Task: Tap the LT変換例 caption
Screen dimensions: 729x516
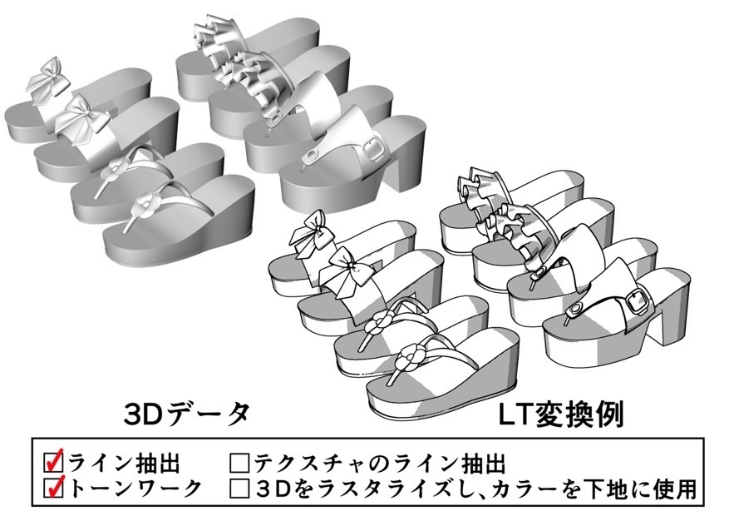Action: [x=562, y=414]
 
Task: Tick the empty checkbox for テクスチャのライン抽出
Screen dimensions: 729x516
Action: [x=241, y=462]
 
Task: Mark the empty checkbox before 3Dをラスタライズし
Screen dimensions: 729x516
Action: [x=241, y=488]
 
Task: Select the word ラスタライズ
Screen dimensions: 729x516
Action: [x=388, y=488]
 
